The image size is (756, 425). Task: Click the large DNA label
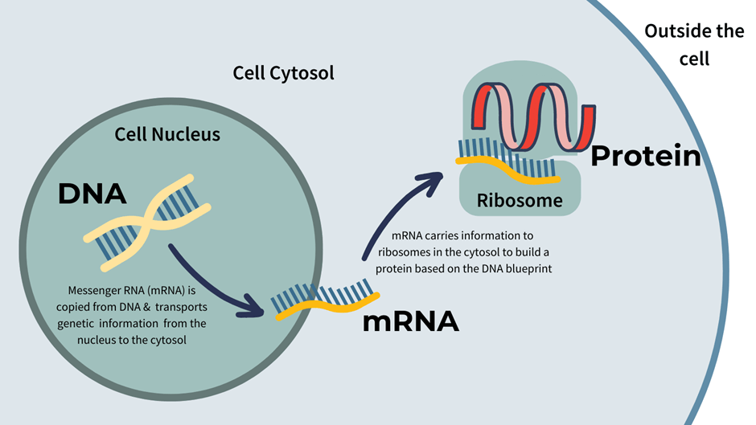pyautogui.click(x=92, y=194)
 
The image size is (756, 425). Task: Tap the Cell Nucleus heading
pyautogui.click(x=167, y=135)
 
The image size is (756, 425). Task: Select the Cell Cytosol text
pyautogui.click(x=283, y=73)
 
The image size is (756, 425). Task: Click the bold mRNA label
pyautogui.click(x=410, y=321)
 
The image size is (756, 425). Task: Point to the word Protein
pyautogui.click(x=646, y=156)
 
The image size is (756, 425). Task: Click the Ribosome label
pyautogui.click(x=520, y=200)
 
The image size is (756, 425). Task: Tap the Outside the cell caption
pyautogui.click(x=694, y=45)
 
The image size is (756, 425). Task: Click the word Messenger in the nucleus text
pyautogui.click(x=89, y=289)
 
